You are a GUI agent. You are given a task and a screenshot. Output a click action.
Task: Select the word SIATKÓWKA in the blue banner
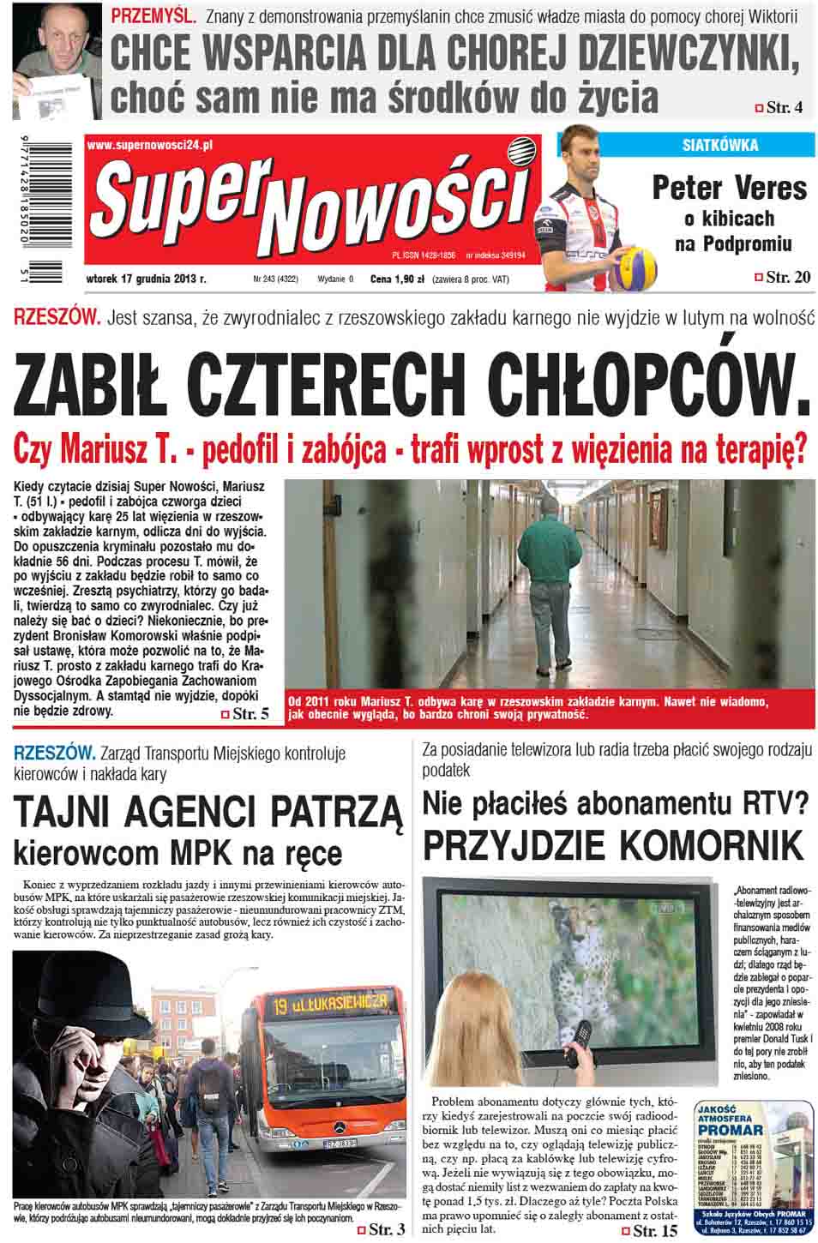point(719,145)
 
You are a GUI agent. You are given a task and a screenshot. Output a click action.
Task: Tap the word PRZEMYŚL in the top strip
point(153,15)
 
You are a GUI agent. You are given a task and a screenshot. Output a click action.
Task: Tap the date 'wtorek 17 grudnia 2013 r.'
point(147,279)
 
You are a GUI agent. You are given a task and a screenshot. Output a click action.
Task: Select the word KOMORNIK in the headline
point(711,845)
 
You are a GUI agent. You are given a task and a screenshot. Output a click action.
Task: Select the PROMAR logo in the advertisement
point(728,1129)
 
